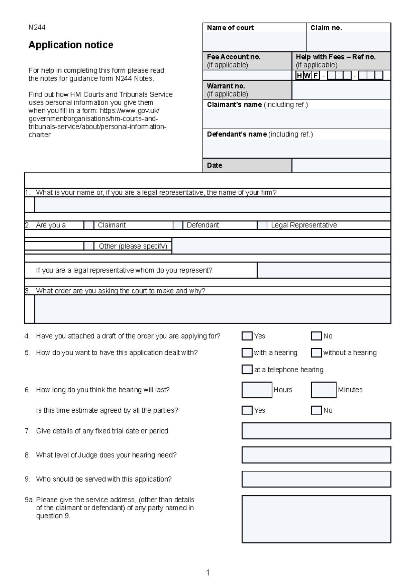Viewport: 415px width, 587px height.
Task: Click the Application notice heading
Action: pos(71,45)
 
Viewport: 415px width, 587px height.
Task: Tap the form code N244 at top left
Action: pos(37,27)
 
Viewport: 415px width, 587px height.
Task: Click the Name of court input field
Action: pos(255,41)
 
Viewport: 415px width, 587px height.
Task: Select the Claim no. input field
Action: pos(349,41)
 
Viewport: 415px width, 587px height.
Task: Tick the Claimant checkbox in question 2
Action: pos(89,225)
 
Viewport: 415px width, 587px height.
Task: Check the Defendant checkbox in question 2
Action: pos(178,225)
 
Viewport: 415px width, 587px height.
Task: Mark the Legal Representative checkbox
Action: pos(262,225)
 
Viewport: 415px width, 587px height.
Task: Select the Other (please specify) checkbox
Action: pos(89,246)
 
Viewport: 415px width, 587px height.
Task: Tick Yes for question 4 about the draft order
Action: pos(247,336)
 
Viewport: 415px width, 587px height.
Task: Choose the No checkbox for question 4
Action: pos(316,336)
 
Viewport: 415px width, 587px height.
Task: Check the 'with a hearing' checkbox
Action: pos(247,353)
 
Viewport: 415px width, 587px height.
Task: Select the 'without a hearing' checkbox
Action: pos(316,353)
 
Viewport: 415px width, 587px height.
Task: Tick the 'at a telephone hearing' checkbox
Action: pos(247,370)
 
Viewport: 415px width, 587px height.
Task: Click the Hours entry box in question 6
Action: pos(257,390)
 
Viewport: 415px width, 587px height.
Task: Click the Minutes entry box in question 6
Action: pos(324,390)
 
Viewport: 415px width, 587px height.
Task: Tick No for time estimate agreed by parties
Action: pos(316,410)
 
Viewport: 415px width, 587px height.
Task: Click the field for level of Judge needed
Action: pos(316,455)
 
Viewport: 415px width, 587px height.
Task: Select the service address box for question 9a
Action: pos(316,519)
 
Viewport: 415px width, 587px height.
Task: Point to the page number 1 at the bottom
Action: pos(207,573)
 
